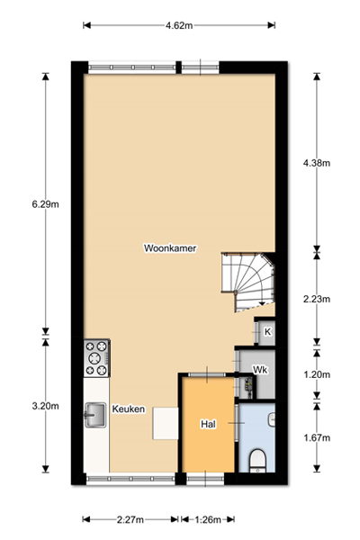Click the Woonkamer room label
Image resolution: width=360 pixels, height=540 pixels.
tap(170, 248)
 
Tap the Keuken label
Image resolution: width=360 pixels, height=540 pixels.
tap(129, 409)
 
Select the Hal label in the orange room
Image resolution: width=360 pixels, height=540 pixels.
tap(208, 424)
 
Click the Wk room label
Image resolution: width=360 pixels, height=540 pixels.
tap(260, 370)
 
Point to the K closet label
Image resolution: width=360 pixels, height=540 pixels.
tap(267, 331)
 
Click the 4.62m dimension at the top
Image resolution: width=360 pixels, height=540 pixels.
tap(179, 25)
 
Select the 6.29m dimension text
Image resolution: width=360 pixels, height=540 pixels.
tap(46, 204)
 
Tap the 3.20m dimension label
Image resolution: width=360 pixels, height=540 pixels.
tap(46, 406)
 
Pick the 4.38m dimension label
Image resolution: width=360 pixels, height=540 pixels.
tap(317, 163)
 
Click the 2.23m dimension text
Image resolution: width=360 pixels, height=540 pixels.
tap(317, 299)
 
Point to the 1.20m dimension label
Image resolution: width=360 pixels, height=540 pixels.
tap(317, 374)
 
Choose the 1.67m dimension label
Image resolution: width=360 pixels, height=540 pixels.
tap(317, 437)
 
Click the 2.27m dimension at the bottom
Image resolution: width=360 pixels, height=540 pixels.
tap(130, 519)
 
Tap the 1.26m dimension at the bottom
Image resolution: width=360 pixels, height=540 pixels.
tap(208, 519)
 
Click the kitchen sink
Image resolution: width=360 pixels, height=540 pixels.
tap(95, 415)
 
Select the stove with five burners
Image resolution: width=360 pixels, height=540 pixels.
tap(97, 358)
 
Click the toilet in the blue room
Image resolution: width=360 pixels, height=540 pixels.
tap(257, 461)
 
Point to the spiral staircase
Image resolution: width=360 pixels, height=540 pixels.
tap(248, 282)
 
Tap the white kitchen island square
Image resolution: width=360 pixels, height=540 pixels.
tap(166, 423)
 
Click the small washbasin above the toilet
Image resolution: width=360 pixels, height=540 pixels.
tap(272, 419)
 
